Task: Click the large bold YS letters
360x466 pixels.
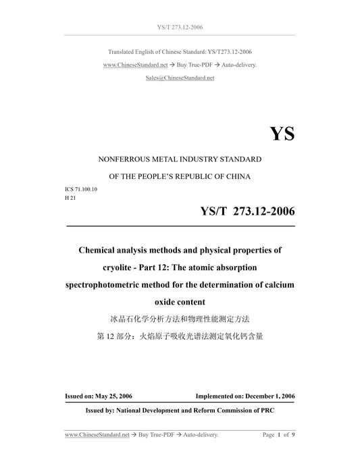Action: tap(281, 133)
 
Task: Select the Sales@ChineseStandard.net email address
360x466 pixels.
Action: tap(180, 78)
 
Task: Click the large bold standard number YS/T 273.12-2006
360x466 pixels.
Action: tap(247, 212)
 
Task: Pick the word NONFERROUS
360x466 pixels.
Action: tap(124, 159)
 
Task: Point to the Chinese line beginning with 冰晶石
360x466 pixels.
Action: tap(180, 317)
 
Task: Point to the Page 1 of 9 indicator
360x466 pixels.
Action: tap(278, 436)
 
